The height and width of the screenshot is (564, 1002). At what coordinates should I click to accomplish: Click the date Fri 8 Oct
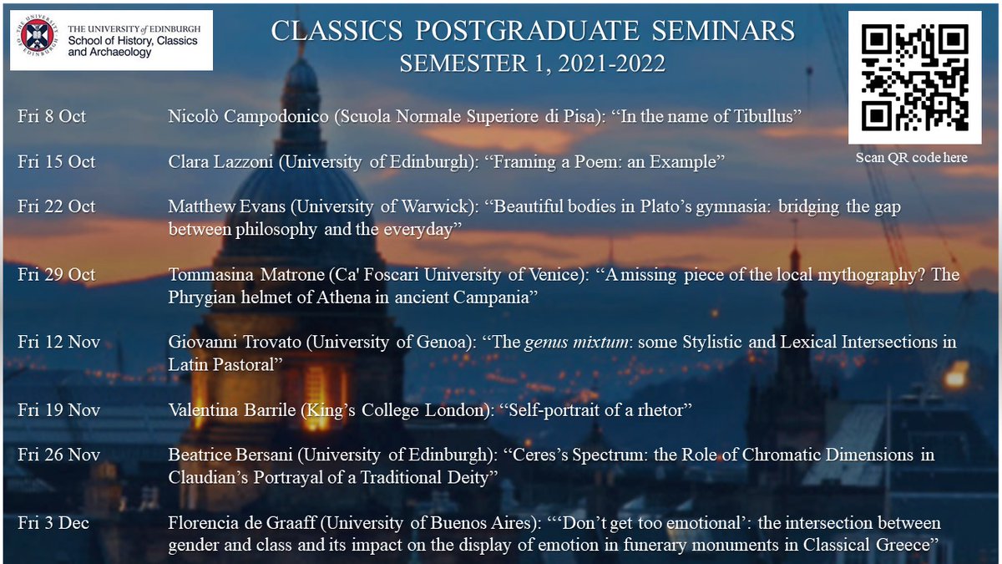51,116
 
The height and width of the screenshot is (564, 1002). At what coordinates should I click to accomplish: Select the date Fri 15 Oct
56,161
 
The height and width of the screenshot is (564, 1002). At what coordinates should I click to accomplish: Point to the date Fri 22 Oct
56,206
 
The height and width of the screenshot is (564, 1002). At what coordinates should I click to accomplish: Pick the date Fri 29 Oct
56,274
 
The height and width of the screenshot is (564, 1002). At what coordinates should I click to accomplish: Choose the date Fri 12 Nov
58,342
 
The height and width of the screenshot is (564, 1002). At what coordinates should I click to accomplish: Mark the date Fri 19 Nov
58,409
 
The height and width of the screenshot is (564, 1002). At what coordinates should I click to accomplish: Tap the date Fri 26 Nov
58,455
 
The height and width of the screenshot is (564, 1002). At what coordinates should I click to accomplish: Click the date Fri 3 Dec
53,523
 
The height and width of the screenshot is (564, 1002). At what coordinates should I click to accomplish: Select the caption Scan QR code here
912,157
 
